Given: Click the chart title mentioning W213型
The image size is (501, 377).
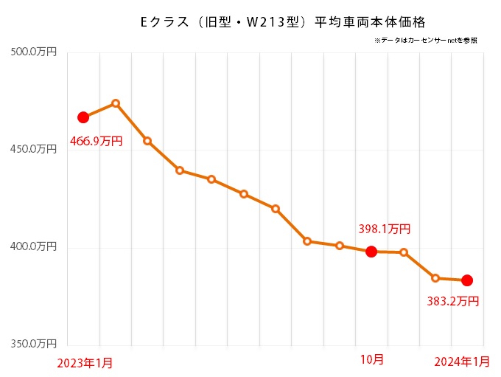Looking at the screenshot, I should click(282, 22).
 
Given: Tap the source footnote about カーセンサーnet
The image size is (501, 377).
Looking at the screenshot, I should click(425, 41).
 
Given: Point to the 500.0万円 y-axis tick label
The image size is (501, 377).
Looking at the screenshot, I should click(34, 52).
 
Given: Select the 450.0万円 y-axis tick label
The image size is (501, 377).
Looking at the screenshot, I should click(34, 149).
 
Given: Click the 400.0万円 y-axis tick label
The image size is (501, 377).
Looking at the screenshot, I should click(34, 247).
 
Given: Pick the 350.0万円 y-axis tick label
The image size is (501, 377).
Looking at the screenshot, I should click(34, 345).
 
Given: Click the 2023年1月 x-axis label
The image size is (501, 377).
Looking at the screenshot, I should click(85, 362).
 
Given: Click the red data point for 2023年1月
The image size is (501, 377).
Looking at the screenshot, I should click(83, 117).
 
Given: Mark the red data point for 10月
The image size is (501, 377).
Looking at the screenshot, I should click(371, 252).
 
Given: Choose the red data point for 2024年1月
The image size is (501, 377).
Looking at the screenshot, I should click(467, 280).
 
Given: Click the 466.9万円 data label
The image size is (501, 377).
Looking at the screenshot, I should click(96, 140).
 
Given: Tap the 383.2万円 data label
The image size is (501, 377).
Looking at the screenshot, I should click(453, 301).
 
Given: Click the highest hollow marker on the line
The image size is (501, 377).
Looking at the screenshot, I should click(116, 103).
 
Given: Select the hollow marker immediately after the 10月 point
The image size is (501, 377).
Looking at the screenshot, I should click(404, 252).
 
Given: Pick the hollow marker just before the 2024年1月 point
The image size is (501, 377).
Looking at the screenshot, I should click(435, 278).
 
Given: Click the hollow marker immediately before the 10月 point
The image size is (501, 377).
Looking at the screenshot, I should click(340, 246).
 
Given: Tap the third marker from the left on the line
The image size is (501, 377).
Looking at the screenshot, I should click(147, 141).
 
